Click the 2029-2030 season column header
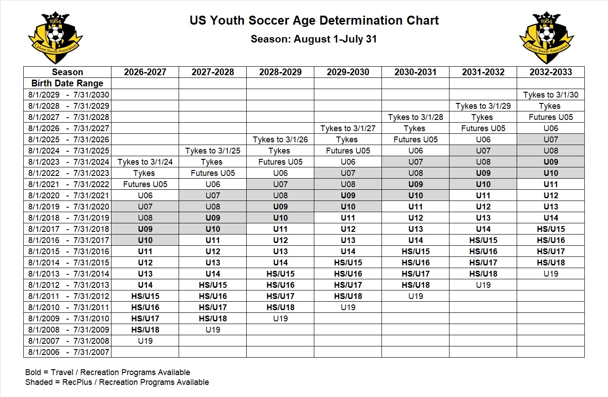[348, 72]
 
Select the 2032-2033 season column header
[551, 72]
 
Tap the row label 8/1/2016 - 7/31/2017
[69, 240]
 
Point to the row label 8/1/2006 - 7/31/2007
[69, 352]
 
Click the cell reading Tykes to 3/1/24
[145, 162]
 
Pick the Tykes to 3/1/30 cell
[551, 95]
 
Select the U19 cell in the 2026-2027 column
[145, 341]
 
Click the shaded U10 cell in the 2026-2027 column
[145, 240]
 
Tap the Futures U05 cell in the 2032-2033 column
[551, 117]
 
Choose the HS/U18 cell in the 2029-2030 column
[348, 296]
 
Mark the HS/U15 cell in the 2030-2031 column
[415, 251]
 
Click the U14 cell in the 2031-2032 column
[483, 229]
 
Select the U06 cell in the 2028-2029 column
[280, 173]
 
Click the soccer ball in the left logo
[56, 34]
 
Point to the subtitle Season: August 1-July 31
[314, 39]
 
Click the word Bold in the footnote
[34, 372]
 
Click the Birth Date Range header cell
[67, 83]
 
